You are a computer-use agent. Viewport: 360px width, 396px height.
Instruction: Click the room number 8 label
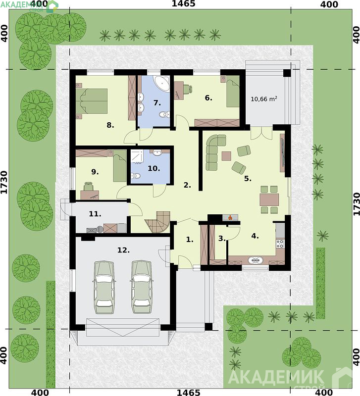click(x=110, y=125)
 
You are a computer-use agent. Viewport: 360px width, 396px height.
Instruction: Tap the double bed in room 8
click(x=92, y=101)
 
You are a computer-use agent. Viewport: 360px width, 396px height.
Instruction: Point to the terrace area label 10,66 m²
click(x=264, y=99)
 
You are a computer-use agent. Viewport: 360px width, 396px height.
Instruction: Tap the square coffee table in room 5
click(x=226, y=156)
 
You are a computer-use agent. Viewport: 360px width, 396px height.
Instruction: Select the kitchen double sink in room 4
click(x=256, y=260)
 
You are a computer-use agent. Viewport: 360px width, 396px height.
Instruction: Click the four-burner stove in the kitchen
click(x=280, y=244)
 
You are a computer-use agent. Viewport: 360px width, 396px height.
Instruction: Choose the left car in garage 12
click(x=104, y=287)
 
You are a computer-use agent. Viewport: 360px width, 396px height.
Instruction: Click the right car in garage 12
click(x=142, y=287)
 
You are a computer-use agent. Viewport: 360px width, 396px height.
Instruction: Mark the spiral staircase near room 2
click(x=158, y=222)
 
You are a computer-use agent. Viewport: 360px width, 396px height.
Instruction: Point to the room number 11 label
click(x=95, y=214)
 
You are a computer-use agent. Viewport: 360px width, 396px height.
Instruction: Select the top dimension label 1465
click(x=183, y=3)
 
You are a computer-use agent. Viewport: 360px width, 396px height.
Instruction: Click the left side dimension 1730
click(x=4, y=182)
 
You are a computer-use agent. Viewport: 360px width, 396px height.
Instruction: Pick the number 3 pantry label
click(x=221, y=239)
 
